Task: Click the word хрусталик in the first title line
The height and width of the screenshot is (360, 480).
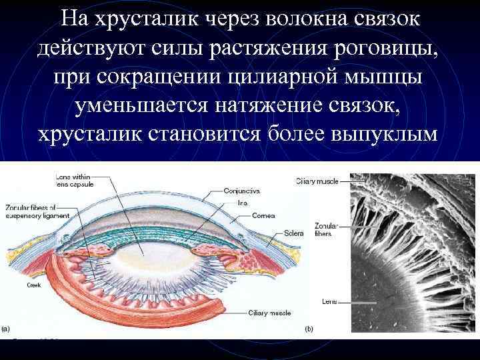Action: pyautogui.click(x=134, y=19)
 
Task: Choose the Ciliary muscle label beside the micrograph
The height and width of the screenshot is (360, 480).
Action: pyautogui.click(x=317, y=181)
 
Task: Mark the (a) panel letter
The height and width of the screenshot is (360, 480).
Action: pyautogui.click(x=6, y=328)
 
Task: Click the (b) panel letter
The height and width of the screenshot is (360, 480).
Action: pyautogui.click(x=309, y=329)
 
